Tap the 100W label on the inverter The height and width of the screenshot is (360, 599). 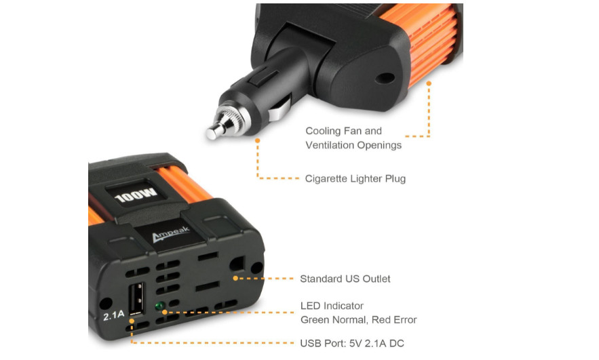click(x=136, y=195)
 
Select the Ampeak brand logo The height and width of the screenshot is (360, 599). click(x=170, y=234)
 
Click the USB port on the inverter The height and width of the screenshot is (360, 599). click(x=137, y=299)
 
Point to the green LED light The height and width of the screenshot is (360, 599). click(x=159, y=306)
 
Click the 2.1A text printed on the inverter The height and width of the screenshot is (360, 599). click(x=113, y=315)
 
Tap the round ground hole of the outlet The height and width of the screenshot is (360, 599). click(x=237, y=263)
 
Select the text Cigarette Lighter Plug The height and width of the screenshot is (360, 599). click(x=355, y=179)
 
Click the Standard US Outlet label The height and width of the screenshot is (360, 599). click(x=345, y=279)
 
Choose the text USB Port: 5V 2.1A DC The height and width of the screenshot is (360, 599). click(x=352, y=343)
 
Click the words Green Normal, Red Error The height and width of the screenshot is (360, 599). click(x=358, y=319)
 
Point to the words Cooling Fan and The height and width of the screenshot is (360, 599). click(x=343, y=131)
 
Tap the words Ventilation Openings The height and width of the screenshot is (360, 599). click(x=353, y=145)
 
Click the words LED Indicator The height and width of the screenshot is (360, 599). click(x=332, y=306)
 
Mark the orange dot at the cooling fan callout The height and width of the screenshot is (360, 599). click(x=429, y=83)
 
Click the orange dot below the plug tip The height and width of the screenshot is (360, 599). click(x=258, y=141)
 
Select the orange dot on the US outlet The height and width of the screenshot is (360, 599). click(x=235, y=278)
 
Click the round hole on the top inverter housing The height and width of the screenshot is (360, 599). click(x=385, y=78)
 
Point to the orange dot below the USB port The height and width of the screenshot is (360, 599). click(x=132, y=321)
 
